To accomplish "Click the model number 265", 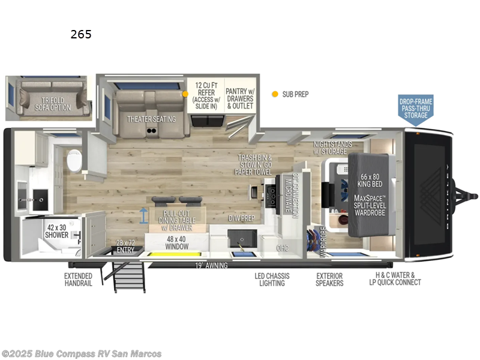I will (81, 34).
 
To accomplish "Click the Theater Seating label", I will (151, 119).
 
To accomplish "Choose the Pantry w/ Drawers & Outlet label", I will (240, 96).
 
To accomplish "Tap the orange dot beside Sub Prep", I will (275, 94).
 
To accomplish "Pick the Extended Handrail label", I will (78, 280).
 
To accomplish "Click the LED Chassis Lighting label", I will (272, 280).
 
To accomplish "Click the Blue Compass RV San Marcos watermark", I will (82, 353).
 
